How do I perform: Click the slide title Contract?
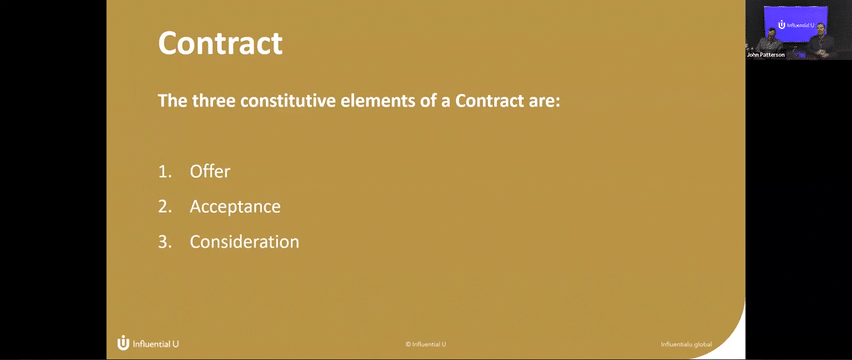pyautogui.click(x=220, y=42)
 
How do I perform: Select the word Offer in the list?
pyautogui.click(x=210, y=172)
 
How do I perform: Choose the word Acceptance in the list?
pyautogui.click(x=235, y=207)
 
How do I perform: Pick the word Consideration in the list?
pyautogui.click(x=244, y=242)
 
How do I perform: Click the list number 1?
pyautogui.click(x=164, y=172)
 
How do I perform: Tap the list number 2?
pyautogui.click(x=164, y=207)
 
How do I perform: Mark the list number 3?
pyautogui.click(x=164, y=242)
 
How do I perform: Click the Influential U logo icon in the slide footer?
pyautogui.click(x=123, y=343)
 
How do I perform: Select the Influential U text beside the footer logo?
pyautogui.click(x=155, y=344)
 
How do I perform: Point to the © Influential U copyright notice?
pyautogui.click(x=426, y=344)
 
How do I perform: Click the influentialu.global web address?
pyautogui.click(x=686, y=344)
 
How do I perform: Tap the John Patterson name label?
pyautogui.click(x=766, y=55)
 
